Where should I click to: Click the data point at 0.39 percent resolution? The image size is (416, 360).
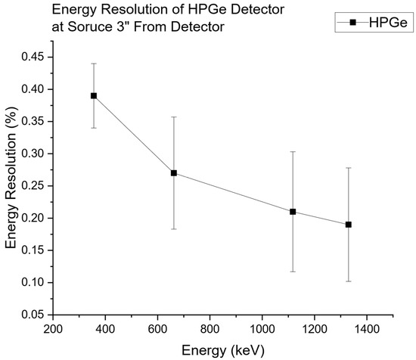pyautogui.click(x=94, y=96)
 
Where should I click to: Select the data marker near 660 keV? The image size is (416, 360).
pyautogui.click(x=174, y=173)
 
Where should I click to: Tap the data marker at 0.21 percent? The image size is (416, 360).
pyautogui.click(x=293, y=212)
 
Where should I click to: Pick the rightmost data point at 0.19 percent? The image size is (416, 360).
pyautogui.click(x=349, y=225)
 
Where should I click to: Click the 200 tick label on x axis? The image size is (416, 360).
pyautogui.click(x=52, y=329)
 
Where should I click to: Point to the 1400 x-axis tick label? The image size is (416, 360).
pyautogui.click(x=366, y=329)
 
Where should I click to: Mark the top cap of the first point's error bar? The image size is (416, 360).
pyautogui.click(x=94, y=64)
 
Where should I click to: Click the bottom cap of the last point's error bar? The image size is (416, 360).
pyautogui.click(x=349, y=281)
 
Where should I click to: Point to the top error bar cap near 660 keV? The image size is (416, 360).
pyautogui.click(x=174, y=117)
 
